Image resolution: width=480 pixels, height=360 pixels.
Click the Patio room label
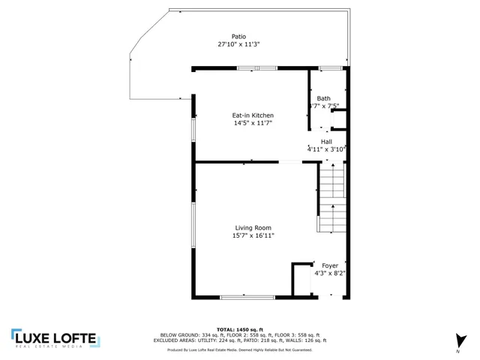click(x=238, y=36)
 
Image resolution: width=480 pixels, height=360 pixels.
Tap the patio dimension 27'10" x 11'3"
click(x=238, y=44)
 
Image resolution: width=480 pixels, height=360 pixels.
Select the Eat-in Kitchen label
click(x=252, y=115)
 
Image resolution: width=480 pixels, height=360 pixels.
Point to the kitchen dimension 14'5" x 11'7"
click(x=252, y=122)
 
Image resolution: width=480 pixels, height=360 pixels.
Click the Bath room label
click(x=323, y=98)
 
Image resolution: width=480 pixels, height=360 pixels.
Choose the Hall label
click(x=326, y=142)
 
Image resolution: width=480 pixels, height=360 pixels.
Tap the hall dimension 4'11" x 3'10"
click(x=326, y=149)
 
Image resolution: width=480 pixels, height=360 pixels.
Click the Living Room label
click(x=253, y=228)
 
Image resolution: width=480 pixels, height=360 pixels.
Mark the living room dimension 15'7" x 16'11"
click(x=253, y=235)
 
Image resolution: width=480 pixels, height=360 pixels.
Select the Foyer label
click(x=330, y=265)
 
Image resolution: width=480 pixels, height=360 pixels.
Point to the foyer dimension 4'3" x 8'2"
click(x=330, y=273)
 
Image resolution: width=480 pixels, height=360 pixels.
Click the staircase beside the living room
click(x=332, y=199)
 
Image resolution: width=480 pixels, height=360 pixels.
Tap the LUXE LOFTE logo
click(x=54, y=338)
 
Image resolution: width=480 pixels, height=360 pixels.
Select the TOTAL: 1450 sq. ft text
click(x=240, y=329)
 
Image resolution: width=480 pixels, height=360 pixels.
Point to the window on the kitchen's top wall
click(x=257, y=69)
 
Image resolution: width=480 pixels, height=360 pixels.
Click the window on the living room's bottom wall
click(x=241, y=298)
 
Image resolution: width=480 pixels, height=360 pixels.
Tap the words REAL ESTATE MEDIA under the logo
click(x=54, y=347)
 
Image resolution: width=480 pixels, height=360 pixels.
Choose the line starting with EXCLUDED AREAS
click(x=240, y=340)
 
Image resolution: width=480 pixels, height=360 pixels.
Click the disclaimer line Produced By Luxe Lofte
click(x=240, y=350)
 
